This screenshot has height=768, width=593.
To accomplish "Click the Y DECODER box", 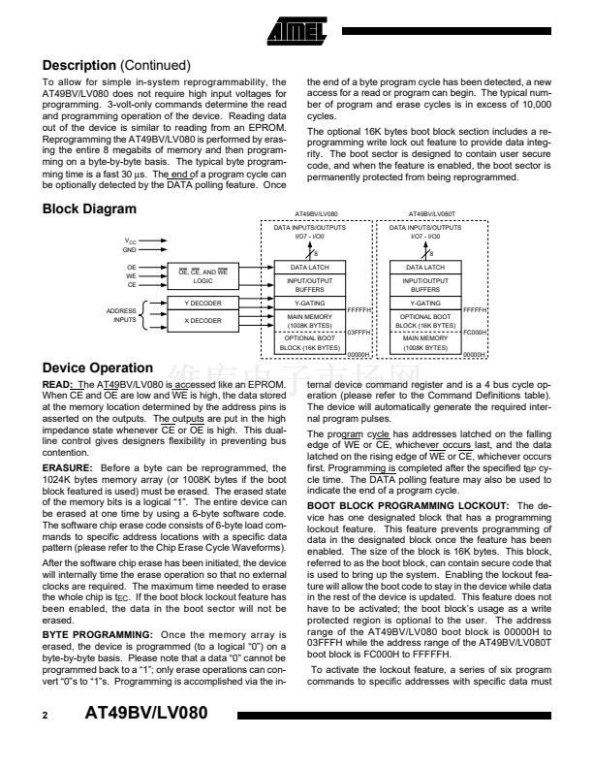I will (203, 304).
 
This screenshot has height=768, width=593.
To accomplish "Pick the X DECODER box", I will (203, 319).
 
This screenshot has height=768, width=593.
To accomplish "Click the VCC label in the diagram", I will (130, 240).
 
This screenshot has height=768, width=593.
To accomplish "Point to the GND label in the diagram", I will (130, 249).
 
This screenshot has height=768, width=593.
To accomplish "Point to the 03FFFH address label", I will (360, 331).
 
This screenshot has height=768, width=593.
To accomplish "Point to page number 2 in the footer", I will (46, 742).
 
